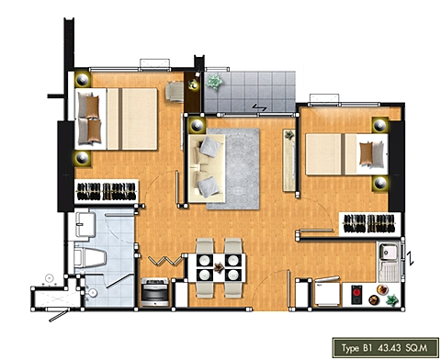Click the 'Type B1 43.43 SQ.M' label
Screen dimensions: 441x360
point(385,348)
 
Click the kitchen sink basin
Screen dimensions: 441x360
point(388,252)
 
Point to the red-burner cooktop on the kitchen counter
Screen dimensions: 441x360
point(356,295)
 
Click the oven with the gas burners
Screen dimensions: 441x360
point(155,292)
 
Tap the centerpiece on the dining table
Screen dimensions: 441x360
point(219,267)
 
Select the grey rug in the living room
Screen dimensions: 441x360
point(233,169)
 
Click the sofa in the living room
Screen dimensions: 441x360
point(207,168)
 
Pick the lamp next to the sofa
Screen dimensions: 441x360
point(197,125)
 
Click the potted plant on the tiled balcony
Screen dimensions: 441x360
point(214,82)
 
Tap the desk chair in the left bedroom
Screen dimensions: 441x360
point(174,91)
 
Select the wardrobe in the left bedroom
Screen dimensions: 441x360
point(107,191)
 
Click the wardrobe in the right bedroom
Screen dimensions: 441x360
point(369,224)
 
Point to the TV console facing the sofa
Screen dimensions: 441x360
point(289,161)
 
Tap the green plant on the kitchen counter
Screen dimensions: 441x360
point(391,300)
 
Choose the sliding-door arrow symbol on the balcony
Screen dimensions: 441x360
point(259,107)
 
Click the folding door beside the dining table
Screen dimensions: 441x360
point(165,261)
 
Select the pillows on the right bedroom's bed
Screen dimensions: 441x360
point(371,154)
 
